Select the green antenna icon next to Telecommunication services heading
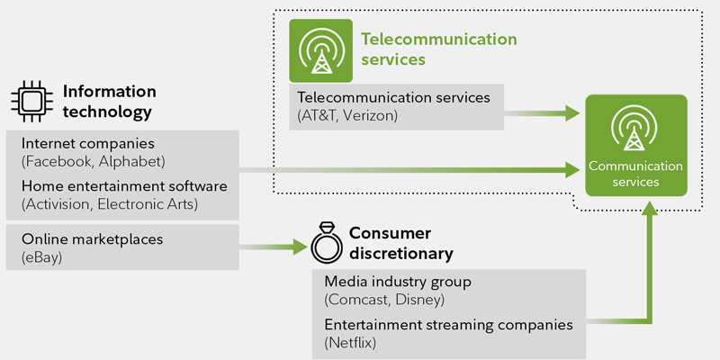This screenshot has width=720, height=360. click(x=320, y=50)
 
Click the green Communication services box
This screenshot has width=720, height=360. click(x=636, y=145)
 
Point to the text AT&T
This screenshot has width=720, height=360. click(x=319, y=115)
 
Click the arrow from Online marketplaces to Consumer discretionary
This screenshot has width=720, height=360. click(x=274, y=246)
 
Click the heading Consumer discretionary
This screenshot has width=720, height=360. click(x=400, y=242)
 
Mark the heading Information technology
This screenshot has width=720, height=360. click(x=108, y=101)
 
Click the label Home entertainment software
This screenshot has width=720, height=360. click(x=124, y=187)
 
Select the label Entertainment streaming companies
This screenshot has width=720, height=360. click(x=448, y=325)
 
